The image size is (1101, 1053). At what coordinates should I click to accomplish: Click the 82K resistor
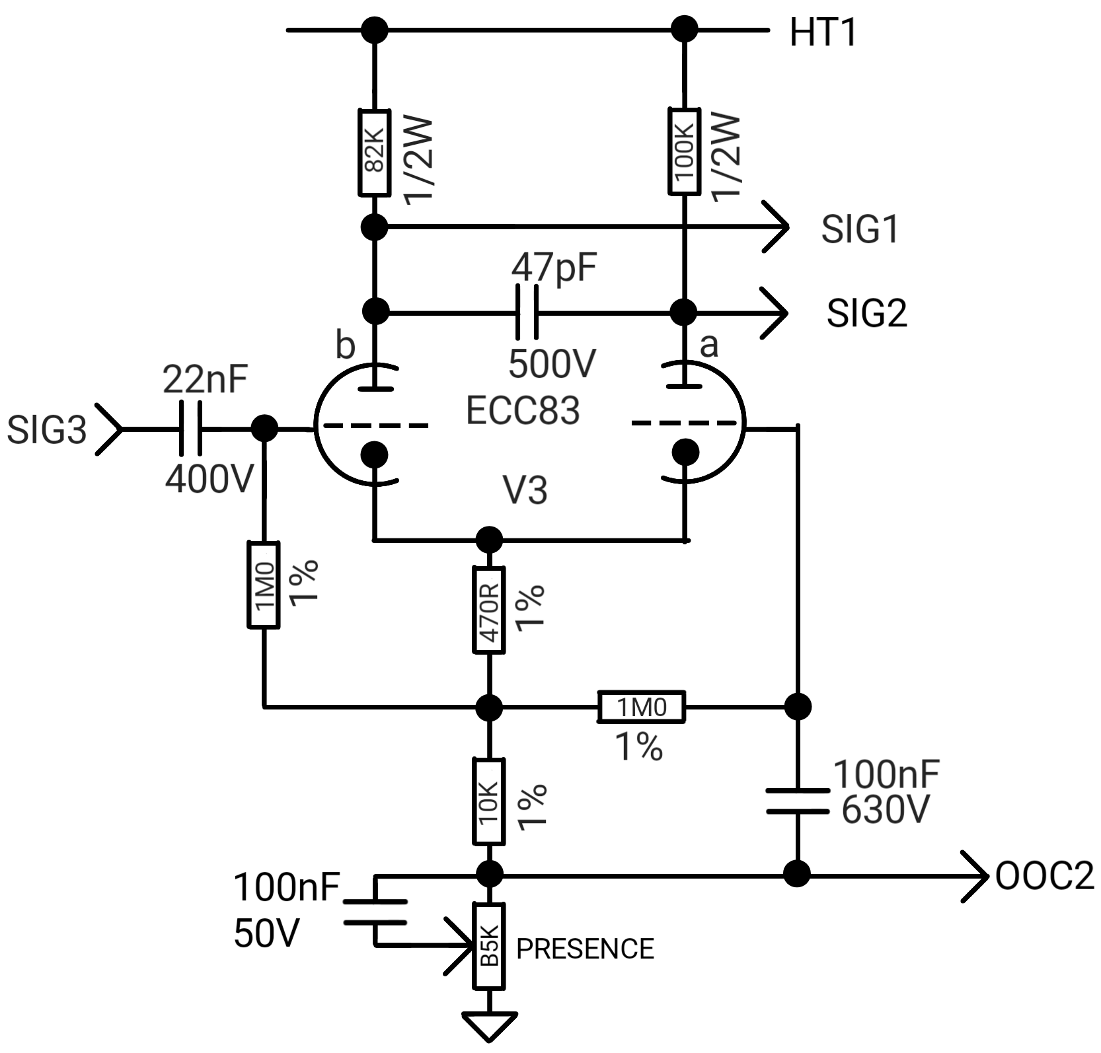(x=374, y=153)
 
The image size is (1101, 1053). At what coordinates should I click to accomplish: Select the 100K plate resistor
(x=684, y=151)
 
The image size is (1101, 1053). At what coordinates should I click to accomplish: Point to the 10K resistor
(x=489, y=801)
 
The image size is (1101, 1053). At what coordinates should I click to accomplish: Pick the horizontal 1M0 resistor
(x=642, y=707)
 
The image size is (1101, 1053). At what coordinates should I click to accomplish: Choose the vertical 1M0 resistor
(x=264, y=584)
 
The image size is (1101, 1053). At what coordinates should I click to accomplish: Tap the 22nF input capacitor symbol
(x=190, y=429)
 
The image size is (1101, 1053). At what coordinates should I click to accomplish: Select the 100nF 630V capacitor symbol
(x=798, y=801)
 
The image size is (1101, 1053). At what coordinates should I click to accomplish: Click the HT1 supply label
(x=823, y=32)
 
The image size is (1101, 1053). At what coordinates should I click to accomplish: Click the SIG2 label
(x=867, y=312)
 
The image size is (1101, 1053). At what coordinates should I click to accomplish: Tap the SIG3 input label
(x=47, y=429)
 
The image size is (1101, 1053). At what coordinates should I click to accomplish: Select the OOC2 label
(x=1045, y=877)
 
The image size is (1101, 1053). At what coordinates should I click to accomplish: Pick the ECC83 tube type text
(x=523, y=410)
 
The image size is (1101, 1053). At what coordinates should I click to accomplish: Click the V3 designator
(x=526, y=490)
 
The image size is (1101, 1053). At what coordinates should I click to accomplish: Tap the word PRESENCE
(x=585, y=949)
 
